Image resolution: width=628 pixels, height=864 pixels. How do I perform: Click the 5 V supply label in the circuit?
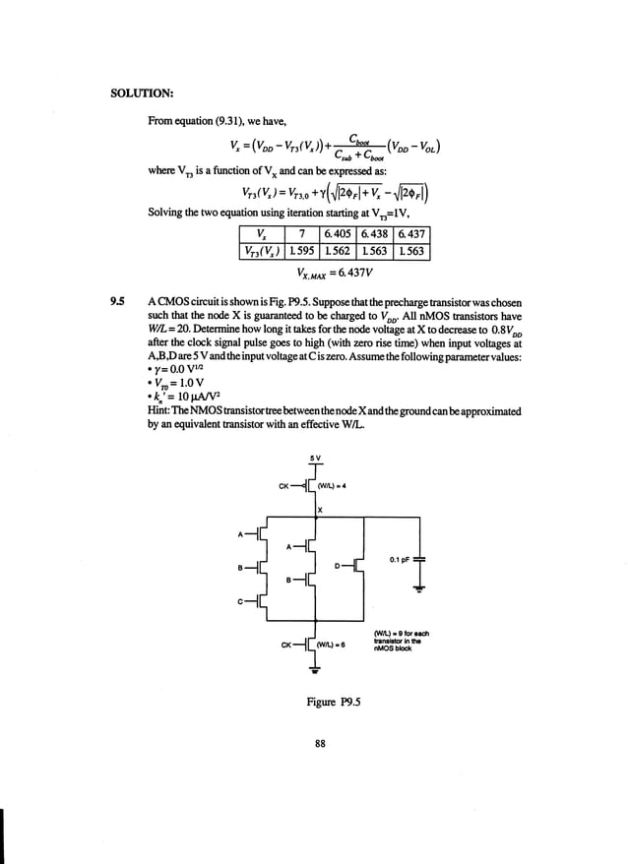[313, 457]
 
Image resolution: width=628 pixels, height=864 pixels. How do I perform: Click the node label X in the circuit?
[321, 510]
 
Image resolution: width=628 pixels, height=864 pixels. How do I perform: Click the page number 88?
[319, 743]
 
